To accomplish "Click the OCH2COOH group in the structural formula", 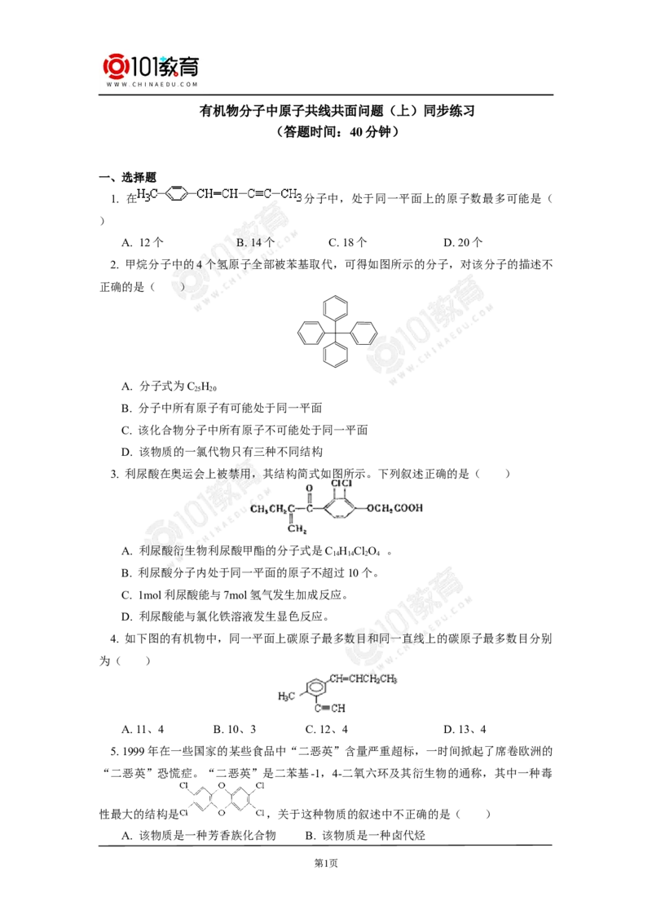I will click(395, 509).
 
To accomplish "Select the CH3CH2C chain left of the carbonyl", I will click(272, 509).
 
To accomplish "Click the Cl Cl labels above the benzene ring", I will click(339, 484).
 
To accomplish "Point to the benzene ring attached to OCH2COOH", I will click(340, 510).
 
